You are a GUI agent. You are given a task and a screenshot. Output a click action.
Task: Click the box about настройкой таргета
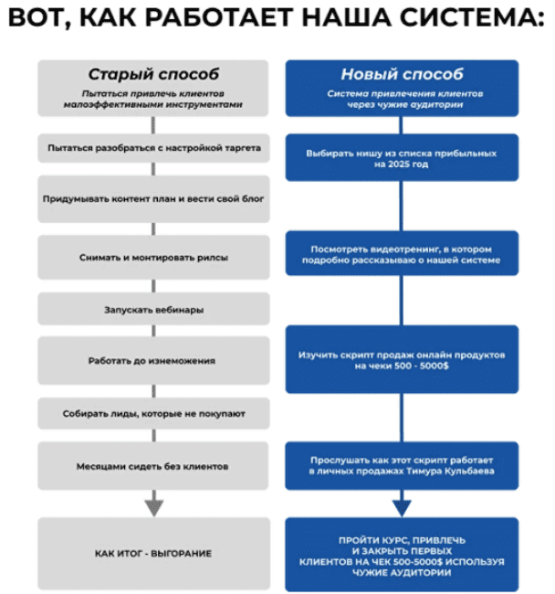point(153,147)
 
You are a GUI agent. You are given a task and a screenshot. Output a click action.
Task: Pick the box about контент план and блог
point(153,199)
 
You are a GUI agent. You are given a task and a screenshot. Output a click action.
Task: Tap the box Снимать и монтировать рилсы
point(153,258)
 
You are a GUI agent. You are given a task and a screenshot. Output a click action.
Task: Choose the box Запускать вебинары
point(153,310)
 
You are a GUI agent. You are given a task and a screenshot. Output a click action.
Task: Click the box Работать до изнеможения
point(153,360)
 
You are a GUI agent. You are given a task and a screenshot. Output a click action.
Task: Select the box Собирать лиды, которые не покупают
point(153,414)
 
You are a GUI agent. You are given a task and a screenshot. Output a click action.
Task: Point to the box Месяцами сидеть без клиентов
point(153,466)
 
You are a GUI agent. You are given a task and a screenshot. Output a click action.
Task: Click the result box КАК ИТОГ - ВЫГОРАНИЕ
point(153,554)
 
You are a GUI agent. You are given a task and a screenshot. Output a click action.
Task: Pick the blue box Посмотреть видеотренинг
point(402,253)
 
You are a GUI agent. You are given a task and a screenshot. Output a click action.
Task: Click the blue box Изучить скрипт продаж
point(402,359)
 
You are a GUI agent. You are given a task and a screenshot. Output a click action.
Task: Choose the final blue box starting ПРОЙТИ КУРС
point(402,554)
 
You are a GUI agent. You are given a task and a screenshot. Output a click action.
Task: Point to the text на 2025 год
point(402,164)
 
